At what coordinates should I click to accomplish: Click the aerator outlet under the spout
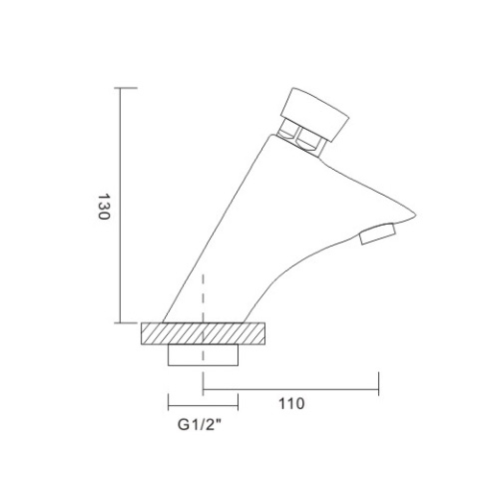(378, 237)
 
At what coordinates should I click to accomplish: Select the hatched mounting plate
(205, 332)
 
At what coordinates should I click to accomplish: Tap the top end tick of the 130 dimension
(121, 88)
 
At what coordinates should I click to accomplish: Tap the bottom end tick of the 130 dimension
(121, 322)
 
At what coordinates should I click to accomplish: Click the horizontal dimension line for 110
(290, 387)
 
